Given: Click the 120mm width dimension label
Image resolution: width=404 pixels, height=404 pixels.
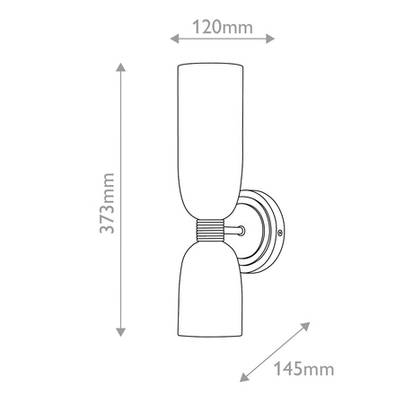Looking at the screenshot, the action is [x=223, y=27].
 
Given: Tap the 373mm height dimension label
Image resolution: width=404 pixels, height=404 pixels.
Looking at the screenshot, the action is [x=107, y=203].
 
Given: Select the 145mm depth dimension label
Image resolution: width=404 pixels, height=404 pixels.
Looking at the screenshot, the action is [x=303, y=368].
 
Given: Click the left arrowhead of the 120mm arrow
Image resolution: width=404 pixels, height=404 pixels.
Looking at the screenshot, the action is [x=174, y=39].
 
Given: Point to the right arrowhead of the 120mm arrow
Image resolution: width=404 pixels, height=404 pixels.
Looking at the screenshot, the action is [x=270, y=39].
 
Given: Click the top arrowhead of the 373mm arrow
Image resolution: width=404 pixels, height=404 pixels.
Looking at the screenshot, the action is [x=120, y=67].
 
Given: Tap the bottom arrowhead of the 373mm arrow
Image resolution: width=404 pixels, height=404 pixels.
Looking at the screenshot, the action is [x=120, y=332].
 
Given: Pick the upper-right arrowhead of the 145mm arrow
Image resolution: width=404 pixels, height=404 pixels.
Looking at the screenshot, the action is [x=305, y=326].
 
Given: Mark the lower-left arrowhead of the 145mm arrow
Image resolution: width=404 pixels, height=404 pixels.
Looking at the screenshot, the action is [x=244, y=378].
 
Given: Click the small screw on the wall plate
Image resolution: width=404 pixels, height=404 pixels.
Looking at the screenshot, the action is [x=280, y=233].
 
